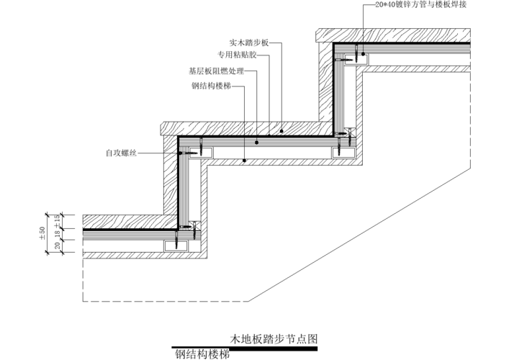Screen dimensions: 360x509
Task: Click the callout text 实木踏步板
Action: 249,42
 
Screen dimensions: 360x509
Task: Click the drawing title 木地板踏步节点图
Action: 274,337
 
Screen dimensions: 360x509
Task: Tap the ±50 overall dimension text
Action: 42,233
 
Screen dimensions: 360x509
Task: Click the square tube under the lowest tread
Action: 174,246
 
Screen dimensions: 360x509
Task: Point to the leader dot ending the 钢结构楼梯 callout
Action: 245,161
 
